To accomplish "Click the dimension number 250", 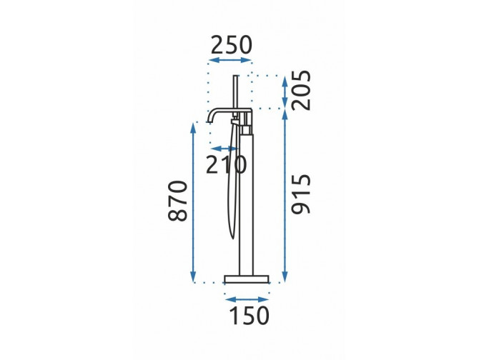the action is [x=231, y=45].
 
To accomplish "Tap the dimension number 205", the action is [x=301, y=90].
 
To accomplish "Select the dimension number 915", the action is [x=301, y=194].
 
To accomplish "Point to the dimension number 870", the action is [x=177, y=201].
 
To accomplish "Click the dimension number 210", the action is [x=226, y=164].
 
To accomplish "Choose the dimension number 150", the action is [x=250, y=316].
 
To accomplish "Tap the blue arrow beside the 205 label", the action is [x=285, y=91].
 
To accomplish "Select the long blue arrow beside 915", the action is [x=285, y=196].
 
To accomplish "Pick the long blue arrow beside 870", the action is [x=193, y=203].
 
